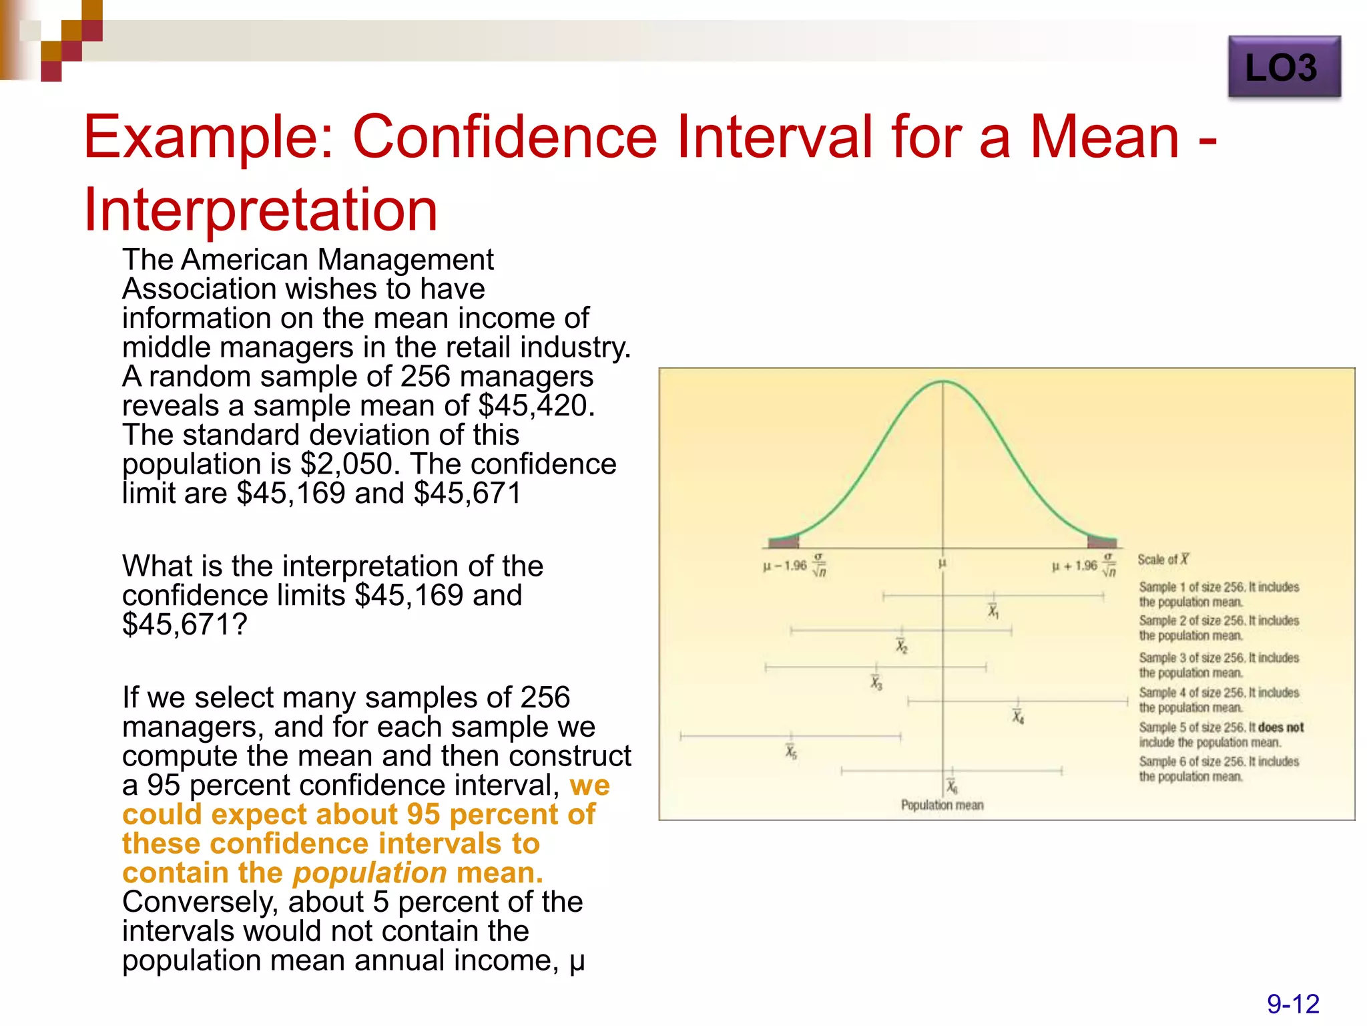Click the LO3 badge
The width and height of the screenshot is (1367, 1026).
(x=1283, y=67)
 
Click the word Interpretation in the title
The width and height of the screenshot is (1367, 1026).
(x=260, y=210)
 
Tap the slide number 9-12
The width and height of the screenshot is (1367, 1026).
(x=1292, y=1004)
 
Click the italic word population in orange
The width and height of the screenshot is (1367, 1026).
(x=370, y=872)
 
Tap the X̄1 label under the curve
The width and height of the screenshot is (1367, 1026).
(x=993, y=611)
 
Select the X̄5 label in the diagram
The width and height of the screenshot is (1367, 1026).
(x=791, y=752)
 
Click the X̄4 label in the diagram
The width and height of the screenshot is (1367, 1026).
(x=1017, y=717)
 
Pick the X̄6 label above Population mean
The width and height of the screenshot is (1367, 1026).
(x=952, y=786)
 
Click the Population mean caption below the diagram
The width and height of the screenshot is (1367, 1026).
(x=942, y=805)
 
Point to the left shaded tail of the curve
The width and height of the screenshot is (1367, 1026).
(x=785, y=542)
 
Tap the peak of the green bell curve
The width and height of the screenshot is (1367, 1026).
(x=942, y=382)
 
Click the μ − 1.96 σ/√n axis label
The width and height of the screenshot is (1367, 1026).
(x=794, y=565)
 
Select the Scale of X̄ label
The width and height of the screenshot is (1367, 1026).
(x=1163, y=560)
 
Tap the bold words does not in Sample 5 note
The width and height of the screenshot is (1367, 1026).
(x=1280, y=727)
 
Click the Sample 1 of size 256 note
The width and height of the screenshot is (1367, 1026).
(x=1218, y=594)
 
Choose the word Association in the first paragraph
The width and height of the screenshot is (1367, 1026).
(x=199, y=289)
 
